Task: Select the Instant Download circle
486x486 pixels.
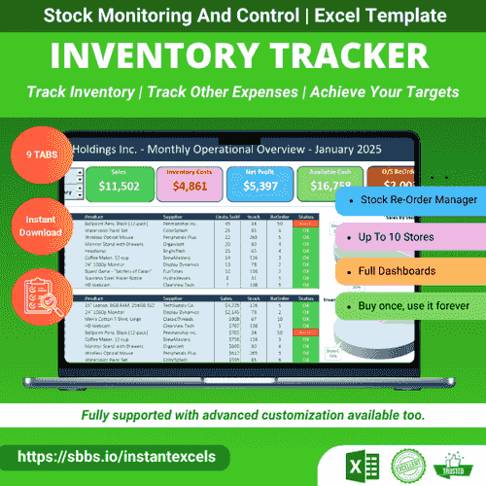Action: pos(38,225)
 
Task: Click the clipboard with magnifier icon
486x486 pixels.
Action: pos(39,294)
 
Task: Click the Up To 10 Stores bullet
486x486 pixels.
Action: pos(398,237)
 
